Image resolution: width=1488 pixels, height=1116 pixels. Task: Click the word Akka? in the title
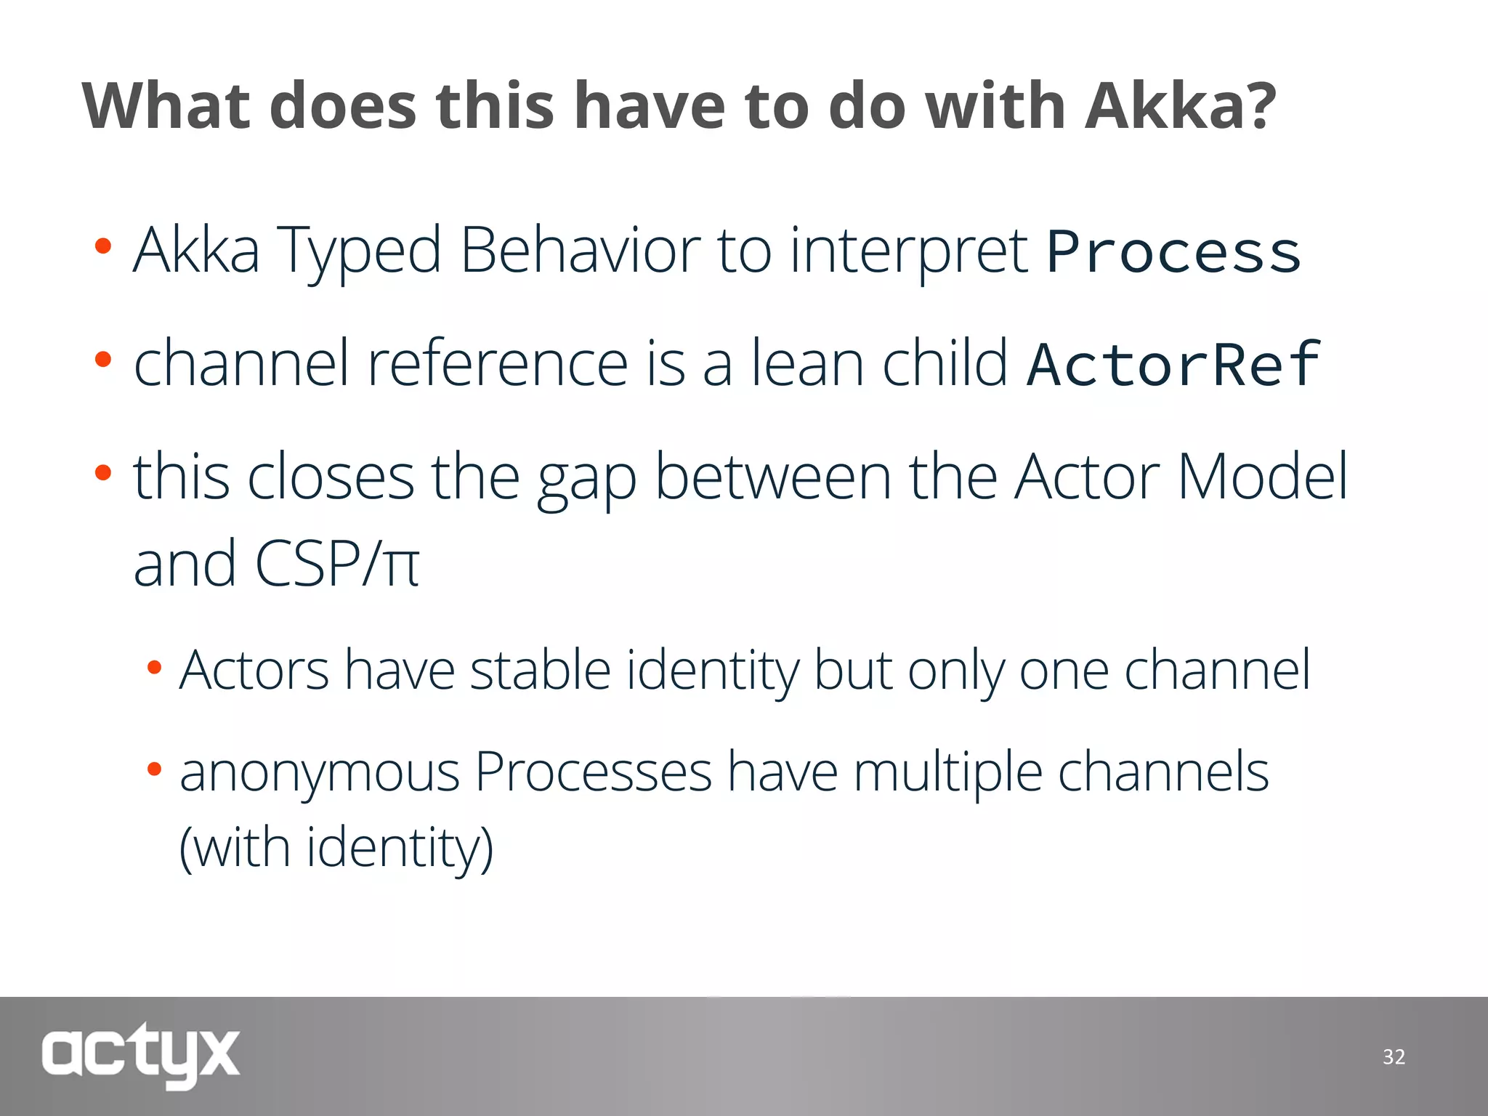1180,106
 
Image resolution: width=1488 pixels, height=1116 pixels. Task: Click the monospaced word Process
1173,253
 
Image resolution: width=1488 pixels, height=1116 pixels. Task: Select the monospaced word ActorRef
1173,364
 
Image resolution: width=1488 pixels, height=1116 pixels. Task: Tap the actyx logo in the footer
140,1054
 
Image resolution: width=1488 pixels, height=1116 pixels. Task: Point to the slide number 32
1394,1056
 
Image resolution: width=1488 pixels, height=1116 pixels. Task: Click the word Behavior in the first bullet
580,251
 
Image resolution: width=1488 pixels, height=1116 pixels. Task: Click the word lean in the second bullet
807,363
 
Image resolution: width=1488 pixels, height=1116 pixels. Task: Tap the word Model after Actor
1263,477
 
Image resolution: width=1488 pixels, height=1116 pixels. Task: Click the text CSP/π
337,564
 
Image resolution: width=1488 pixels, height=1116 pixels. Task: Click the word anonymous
320,773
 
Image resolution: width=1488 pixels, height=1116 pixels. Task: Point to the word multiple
947,773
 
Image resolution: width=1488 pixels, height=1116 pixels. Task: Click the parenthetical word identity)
400,847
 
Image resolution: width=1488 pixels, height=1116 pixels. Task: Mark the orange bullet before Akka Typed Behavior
103,246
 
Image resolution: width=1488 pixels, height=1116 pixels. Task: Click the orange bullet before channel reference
103,359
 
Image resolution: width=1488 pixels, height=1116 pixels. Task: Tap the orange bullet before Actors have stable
154,667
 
